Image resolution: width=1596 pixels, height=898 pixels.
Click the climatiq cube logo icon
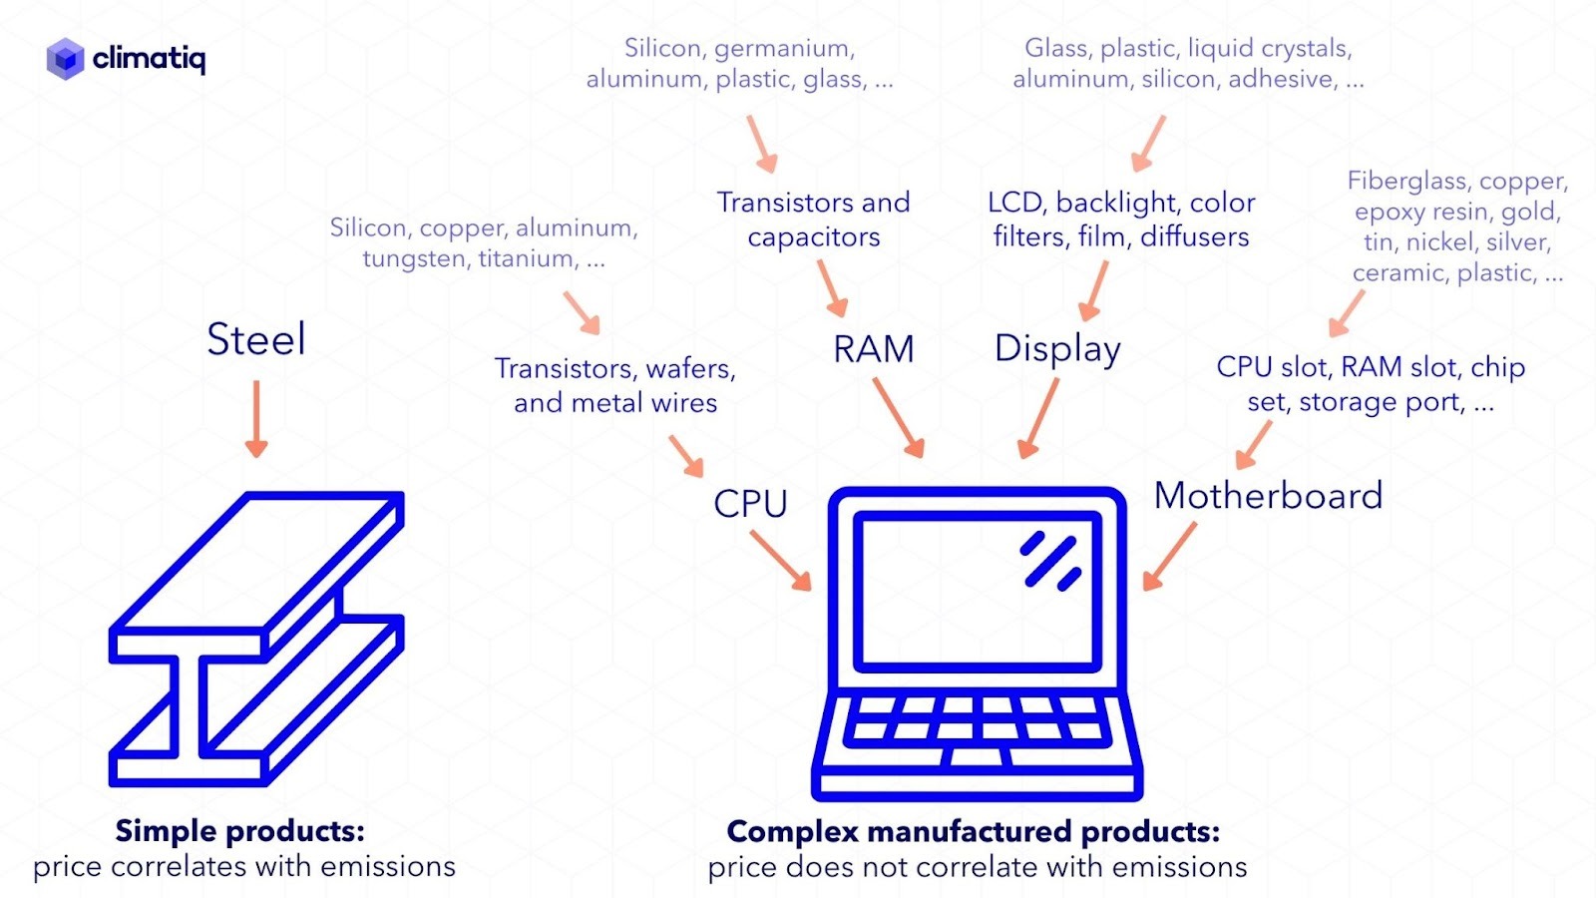tap(65, 59)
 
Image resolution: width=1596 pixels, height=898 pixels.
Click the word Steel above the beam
tap(256, 340)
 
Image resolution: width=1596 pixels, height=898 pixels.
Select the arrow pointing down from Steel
tap(256, 419)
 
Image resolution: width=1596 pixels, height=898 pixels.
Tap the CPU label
tap(750, 504)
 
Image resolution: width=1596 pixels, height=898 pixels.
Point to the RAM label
tap(874, 349)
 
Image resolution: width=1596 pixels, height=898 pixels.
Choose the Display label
tap(1057, 349)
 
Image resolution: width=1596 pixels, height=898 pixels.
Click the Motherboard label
tap(1268, 496)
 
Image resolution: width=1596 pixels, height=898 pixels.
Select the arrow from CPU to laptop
tap(780, 560)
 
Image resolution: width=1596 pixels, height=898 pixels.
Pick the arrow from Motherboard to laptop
tap(1169, 556)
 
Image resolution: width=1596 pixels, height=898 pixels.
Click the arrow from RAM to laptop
tap(898, 418)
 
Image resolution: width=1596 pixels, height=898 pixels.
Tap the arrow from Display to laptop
tap(1038, 418)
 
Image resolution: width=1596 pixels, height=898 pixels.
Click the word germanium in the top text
tap(784, 49)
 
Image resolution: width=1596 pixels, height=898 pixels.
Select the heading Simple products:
tap(239, 831)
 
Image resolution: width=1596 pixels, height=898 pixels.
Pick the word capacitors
tap(814, 237)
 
